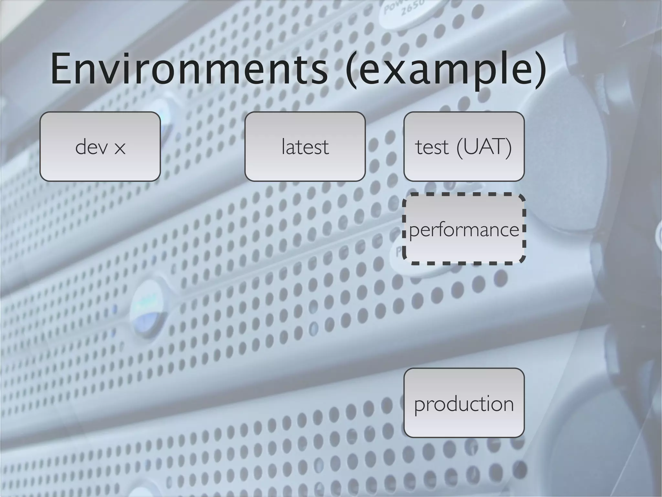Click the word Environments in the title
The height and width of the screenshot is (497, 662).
[x=189, y=69]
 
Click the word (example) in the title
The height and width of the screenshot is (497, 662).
[x=445, y=71]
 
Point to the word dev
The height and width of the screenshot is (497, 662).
[x=91, y=147]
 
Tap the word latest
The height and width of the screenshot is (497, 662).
[x=305, y=147]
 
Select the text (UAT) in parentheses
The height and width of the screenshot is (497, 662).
[x=484, y=148]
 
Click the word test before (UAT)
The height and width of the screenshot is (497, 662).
[x=432, y=147]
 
